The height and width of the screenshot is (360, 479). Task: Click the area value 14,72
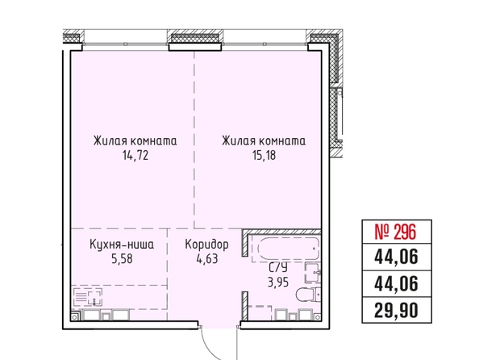[135, 155]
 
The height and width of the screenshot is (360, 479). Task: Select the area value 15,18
[264, 155]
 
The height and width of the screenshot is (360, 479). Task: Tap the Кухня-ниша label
[123, 245]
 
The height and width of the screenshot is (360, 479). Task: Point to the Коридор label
[206, 245]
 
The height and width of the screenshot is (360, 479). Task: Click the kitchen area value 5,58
[123, 259]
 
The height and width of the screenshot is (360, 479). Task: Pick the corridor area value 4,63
[206, 259]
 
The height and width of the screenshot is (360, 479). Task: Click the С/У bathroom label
[278, 268]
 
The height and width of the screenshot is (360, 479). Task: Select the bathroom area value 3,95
[278, 283]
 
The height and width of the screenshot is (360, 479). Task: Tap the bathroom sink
[313, 273]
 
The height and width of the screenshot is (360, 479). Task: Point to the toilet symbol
[309, 295]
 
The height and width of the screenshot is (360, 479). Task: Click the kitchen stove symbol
[88, 297]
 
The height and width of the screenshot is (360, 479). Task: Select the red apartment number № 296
[396, 232]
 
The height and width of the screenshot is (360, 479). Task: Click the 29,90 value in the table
[396, 311]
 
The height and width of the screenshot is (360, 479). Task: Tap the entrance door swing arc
[210, 345]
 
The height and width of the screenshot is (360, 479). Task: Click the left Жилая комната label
[135, 141]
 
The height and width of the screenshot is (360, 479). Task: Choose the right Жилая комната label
[264, 141]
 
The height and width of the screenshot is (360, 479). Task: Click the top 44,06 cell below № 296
[396, 257]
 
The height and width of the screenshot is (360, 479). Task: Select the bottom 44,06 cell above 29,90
[396, 284]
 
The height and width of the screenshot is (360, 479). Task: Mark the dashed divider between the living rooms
[194, 140]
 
